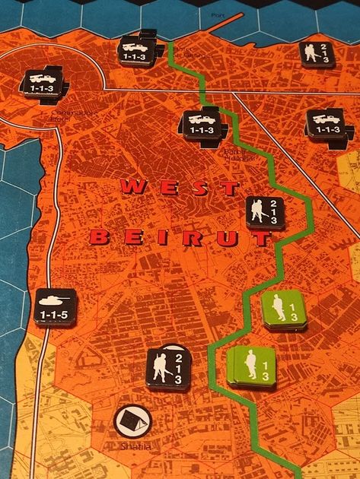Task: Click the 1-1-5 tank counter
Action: pyautogui.click(x=56, y=309)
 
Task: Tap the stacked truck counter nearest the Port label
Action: pyautogui.click(x=141, y=50)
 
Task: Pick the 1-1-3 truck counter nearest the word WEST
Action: pyautogui.click(x=202, y=124)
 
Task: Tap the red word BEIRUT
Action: pyautogui.click(x=181, y=238)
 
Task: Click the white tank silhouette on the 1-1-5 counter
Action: pyautogui.click(x=56, y=303)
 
